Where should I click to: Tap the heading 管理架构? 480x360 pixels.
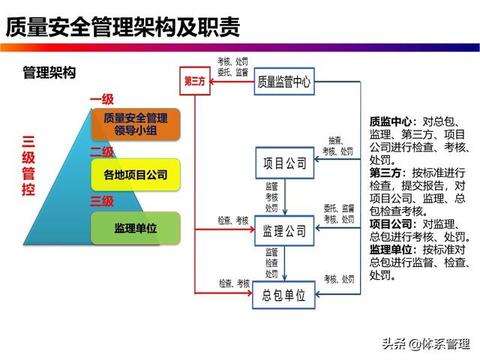[49, 73]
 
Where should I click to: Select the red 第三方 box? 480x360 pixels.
[194, 81]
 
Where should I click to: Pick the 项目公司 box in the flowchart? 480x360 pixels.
[285, 163]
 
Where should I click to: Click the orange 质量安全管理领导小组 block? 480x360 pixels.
[136, 124]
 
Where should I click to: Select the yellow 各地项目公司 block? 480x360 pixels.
[136, 176]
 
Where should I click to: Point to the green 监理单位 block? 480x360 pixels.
[136, 228]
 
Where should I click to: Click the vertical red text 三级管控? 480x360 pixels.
[28, 165]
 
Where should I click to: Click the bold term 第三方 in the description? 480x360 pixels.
[385, 172]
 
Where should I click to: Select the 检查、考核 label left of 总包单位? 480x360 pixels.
[234, 283]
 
